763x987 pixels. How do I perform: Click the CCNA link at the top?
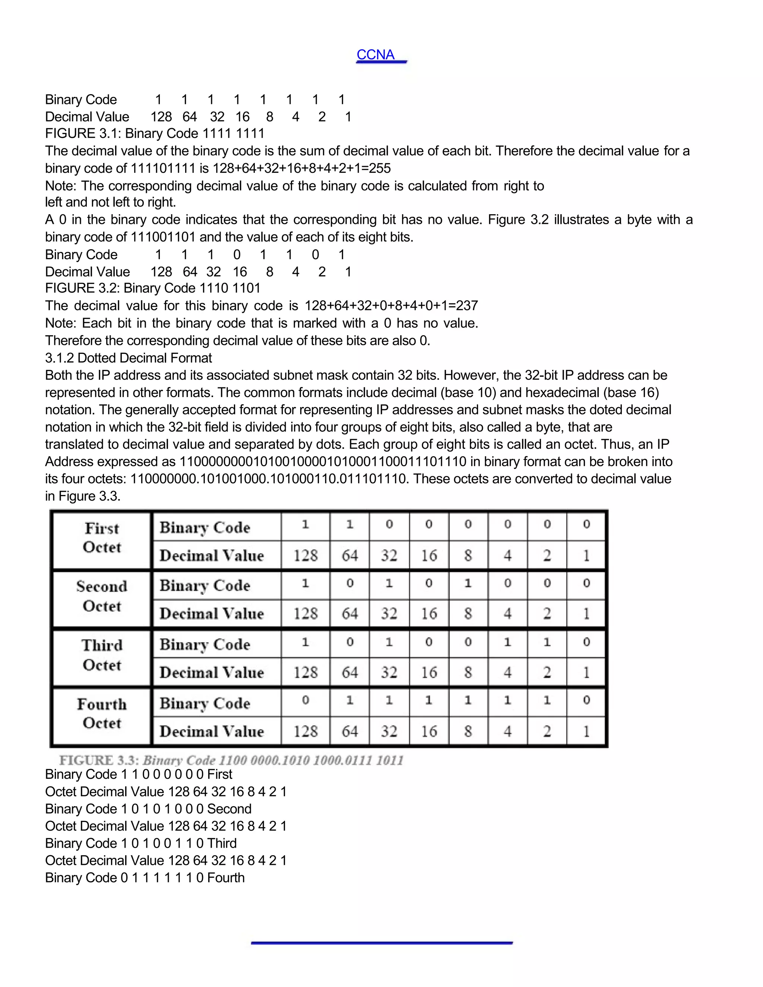tap(376, 55)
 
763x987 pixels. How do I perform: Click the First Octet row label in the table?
tap(102, 538)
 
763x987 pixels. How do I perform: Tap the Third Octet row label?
tap(102, 655)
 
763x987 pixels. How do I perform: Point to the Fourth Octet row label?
tap(102, 714)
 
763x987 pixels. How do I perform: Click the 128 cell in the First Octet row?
tap(305, 555)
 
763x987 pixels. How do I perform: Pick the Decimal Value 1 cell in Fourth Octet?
tap(586, 731)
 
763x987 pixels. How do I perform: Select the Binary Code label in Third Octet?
tap(205, 644)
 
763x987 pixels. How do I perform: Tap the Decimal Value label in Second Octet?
tap(212, 614)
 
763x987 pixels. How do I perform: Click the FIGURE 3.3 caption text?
tap(231, 760)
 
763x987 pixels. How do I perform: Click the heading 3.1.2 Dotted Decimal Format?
tap(129, 358)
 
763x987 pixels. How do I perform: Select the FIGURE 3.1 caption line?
tap(155, 133)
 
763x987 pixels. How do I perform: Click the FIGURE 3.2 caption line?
tap(153, 288)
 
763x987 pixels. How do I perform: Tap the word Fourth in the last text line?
tap(226, 877)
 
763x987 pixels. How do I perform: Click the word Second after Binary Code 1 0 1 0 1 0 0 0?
tap(229, 809)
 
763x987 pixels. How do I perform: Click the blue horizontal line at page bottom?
tap(381, 943)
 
